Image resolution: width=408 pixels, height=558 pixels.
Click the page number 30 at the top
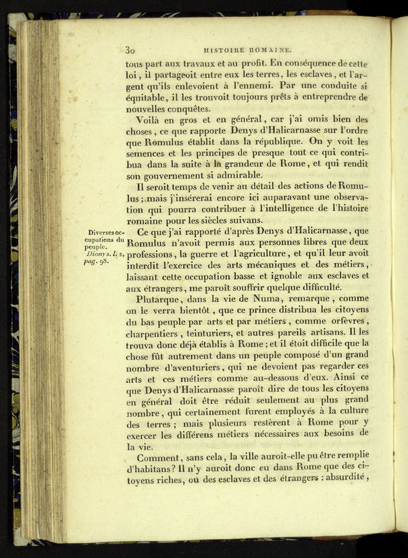point(131,49)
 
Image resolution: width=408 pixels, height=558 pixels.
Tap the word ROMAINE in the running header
point(270,49)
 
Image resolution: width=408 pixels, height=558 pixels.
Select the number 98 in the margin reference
point(102,260)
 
